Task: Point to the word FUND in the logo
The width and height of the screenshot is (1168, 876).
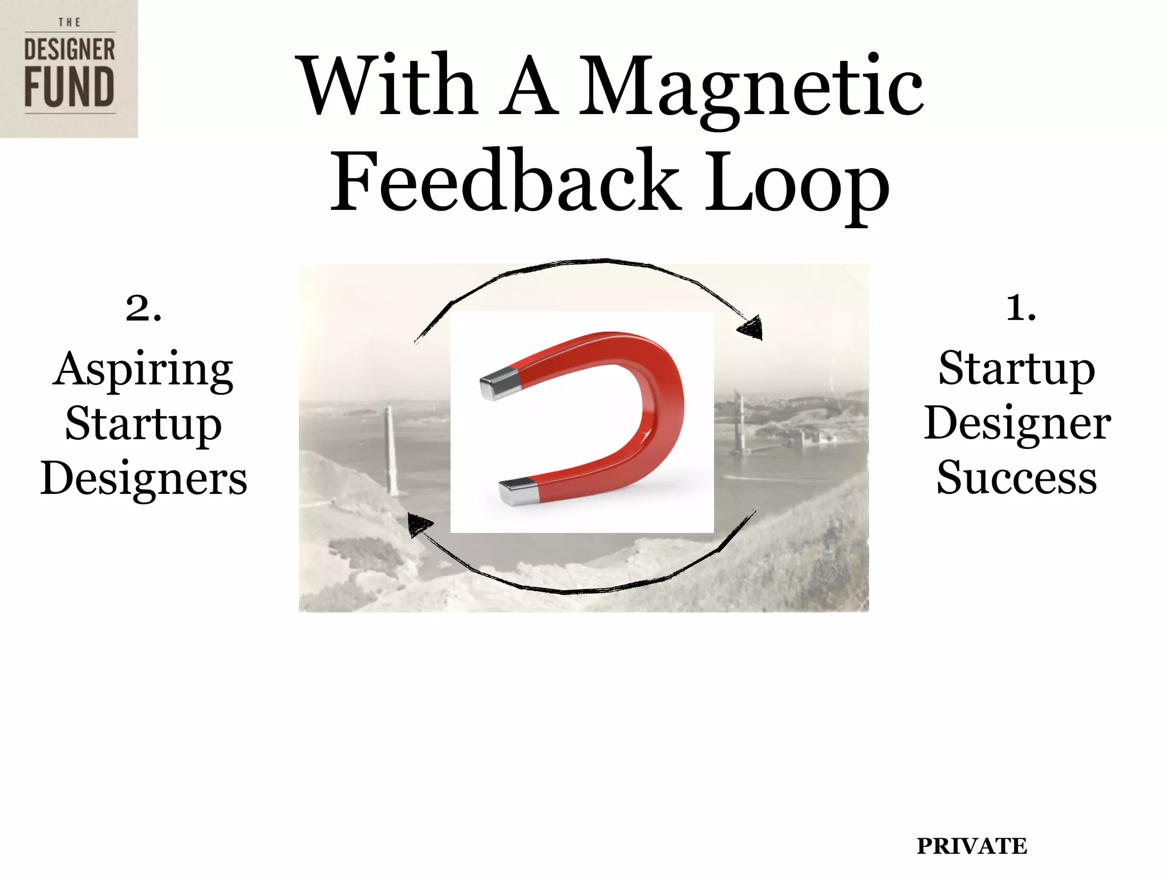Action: (69, 87)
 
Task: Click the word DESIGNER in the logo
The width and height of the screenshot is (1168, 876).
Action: (69, 50)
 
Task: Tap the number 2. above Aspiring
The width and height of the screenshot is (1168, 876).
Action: (144, 309)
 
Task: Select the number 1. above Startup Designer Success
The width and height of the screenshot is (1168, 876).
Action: (1021, 309)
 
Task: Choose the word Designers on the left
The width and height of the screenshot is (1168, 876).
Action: (144, 478)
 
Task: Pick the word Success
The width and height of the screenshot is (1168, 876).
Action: (1016, 478)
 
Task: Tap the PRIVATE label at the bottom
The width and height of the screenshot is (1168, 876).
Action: (971, 846)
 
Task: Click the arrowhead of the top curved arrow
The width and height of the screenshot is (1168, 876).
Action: (752, 328)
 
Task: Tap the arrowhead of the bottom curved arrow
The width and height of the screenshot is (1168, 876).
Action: (419, 524)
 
